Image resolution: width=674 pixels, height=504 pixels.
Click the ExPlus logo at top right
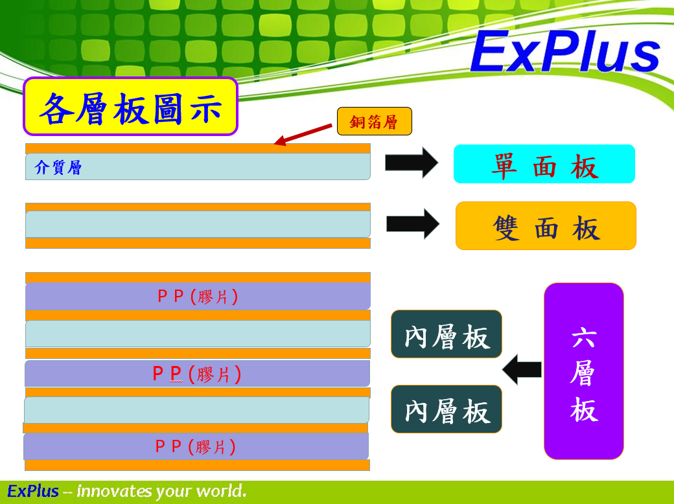coord(564,52)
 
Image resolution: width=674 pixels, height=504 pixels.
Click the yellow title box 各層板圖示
coord(130,107)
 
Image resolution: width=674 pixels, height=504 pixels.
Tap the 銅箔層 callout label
coord(374,121)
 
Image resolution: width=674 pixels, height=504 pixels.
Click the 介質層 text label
coord(58,168)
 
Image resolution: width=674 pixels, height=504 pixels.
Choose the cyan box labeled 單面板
coord(544,165)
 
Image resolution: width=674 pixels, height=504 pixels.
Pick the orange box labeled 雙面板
coord(546,226)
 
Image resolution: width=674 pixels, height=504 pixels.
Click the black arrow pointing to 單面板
coord(412,163)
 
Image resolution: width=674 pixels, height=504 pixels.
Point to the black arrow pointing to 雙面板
coord(413,224)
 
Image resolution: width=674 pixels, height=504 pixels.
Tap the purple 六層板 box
coord(583,371)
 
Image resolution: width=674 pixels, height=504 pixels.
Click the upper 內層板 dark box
coord(447,334)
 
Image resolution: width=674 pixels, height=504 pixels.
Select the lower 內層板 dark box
coord(447,409)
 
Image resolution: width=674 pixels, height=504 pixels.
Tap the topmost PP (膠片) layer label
coord(198,297)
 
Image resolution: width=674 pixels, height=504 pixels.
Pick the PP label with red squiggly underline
coord(197,374)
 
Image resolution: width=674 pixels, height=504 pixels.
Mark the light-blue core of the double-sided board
coord(198,224)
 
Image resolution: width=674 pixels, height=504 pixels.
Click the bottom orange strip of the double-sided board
coord(198,243)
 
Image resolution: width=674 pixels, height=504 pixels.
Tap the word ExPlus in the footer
coord(33,491)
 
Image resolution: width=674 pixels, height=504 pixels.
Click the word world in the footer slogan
coord(220,491)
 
